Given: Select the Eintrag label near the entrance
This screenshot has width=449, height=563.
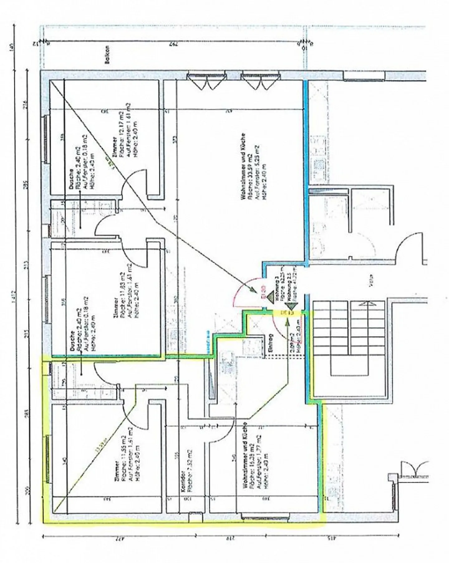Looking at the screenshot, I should pos(270,343).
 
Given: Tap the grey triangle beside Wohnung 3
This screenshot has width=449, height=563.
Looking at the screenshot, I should pos(270,296).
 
